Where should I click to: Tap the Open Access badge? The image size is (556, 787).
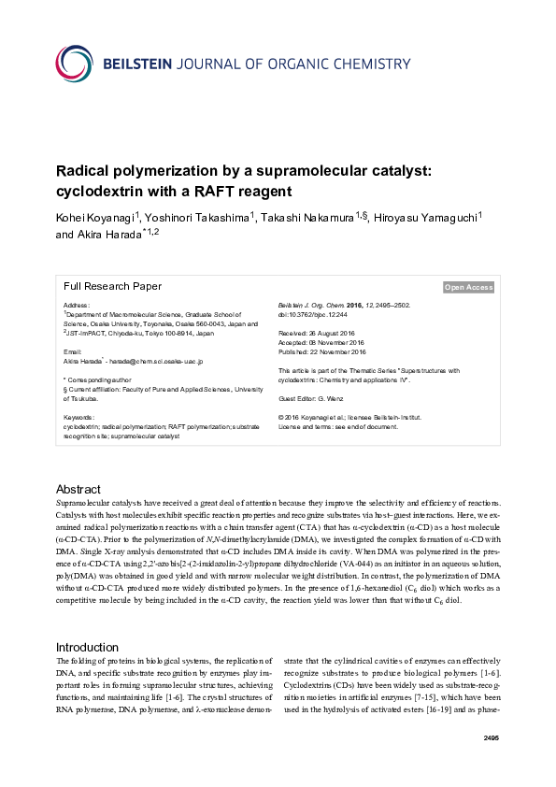point(468,288)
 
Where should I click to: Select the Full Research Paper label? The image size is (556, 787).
point(112,287)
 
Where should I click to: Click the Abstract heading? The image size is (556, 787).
point(78,489)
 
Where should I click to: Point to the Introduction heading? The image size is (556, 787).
point(88,621)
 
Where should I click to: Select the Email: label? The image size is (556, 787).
point(73,351)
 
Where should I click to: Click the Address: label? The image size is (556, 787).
point(77,306)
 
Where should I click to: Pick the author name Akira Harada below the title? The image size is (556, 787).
point(105,235)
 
